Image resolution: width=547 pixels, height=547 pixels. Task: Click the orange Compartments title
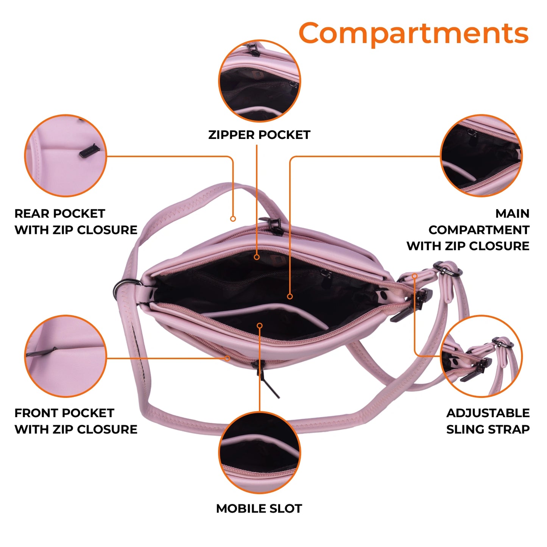413,34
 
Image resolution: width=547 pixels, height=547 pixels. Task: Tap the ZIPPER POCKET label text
259,135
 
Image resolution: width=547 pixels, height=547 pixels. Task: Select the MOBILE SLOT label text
259,508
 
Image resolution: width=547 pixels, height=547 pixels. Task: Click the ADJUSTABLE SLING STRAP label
488,421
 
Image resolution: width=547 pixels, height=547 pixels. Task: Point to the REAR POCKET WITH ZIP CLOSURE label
76,221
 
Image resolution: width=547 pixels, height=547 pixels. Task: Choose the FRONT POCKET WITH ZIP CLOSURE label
76,421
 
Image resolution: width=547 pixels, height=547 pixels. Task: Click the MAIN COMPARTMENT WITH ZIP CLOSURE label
468,230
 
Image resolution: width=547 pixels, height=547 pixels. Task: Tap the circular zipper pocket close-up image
260,81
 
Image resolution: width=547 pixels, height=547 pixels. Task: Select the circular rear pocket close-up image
65,156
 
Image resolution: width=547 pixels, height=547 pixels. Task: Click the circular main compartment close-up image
481,156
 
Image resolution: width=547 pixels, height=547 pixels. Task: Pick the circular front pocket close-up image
65,356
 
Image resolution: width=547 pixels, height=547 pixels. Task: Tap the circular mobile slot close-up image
260,453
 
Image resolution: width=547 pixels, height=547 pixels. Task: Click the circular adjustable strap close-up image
481,356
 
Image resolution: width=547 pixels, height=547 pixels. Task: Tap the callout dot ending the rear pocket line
233,219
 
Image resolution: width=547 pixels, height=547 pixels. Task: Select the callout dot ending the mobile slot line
260,326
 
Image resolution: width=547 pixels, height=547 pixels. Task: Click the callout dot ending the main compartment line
290,296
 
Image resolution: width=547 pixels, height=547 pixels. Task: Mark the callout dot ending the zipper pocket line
257,257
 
